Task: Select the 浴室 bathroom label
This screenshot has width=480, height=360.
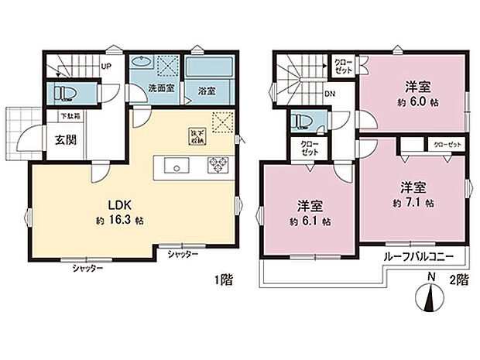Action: point(205,89)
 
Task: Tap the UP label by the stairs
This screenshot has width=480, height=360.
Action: point(106,66)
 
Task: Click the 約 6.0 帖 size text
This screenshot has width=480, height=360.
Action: point(416,102)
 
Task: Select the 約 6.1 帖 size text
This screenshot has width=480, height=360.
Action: point(311,221)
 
